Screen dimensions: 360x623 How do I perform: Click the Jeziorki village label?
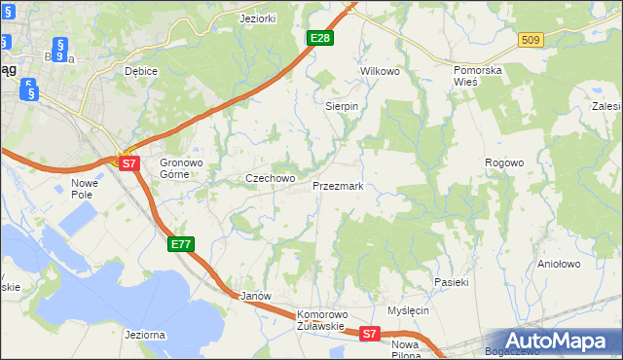click(x=259, y=18)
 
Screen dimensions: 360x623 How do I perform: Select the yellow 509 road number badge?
click(x=530, y=40)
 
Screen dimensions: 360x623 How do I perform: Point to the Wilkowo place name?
click(x=381, y=72)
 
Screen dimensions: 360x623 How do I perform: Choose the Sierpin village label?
click(x=342, y=106)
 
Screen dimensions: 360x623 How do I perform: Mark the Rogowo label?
click(x=505, y=162)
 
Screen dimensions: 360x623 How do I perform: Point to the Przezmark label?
click(x=338, y=185)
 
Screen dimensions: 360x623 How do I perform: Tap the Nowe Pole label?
click(x=86, y=189)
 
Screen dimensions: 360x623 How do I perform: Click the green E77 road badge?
click(x=181, y=244)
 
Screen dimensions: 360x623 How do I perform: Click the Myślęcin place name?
click(x=408, y=310)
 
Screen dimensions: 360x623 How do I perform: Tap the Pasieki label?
click(x=452, y=282)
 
